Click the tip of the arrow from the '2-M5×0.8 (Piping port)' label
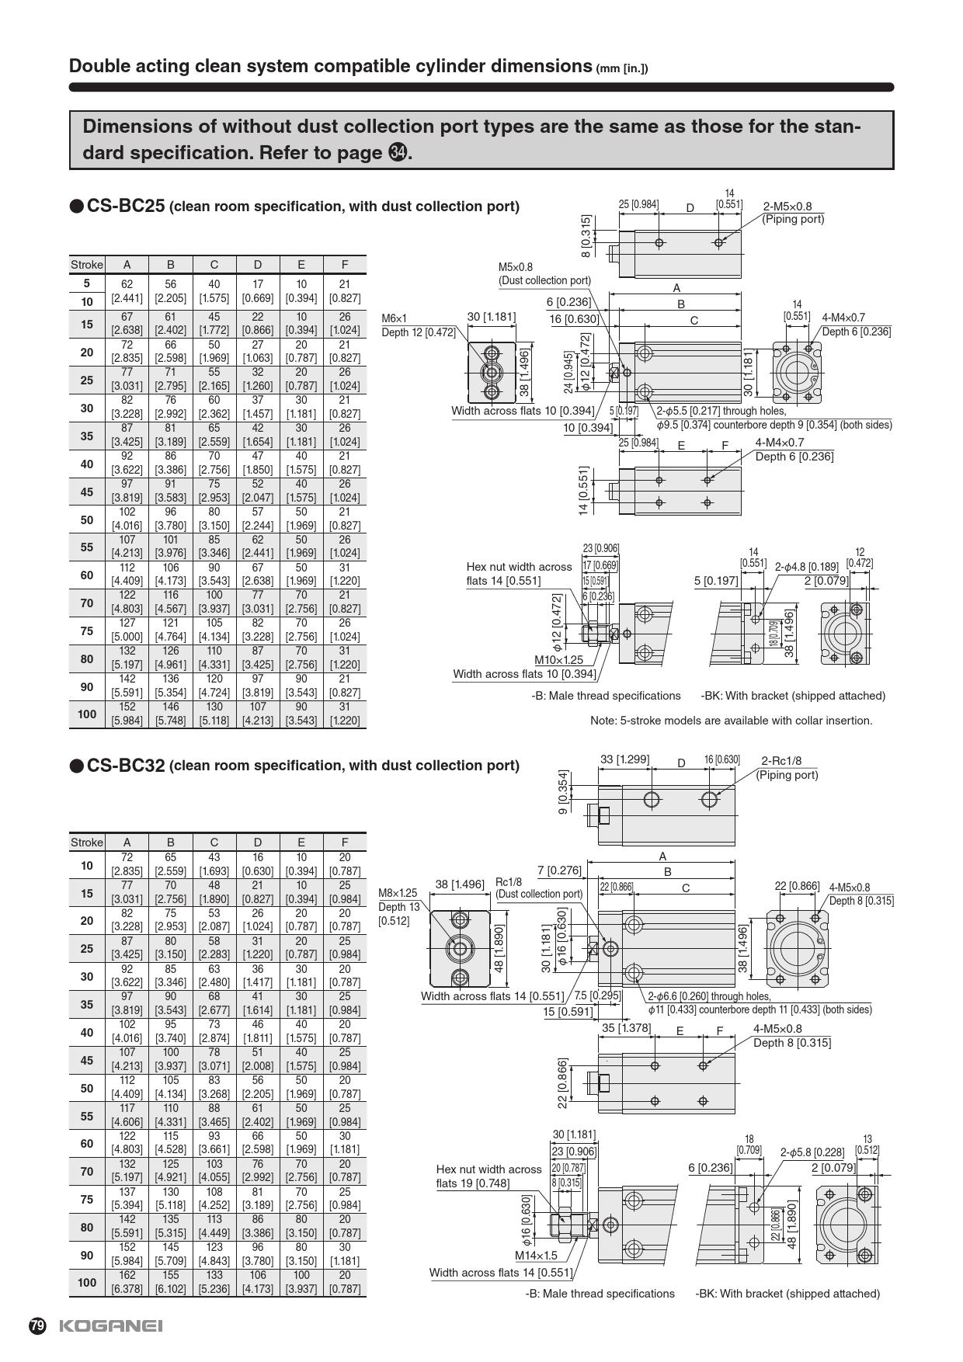[721, 241]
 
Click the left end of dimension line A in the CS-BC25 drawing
[609, 294]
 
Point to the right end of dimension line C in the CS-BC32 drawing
[735, 895]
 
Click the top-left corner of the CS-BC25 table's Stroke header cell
[70, 257]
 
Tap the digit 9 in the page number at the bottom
[40, 1326]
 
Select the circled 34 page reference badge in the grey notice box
[397, 153]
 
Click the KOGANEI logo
[111, 1326]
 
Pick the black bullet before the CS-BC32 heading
[76, 766]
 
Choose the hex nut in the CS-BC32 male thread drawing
[559, 1225]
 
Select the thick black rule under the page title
[481, 87]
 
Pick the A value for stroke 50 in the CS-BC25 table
[127, 519]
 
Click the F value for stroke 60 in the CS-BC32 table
[344, 1142]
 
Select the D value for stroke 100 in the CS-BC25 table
[257, 714]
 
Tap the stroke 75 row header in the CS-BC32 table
[86, 1199]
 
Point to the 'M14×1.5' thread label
[537, 1255]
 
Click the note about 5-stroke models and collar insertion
[731, 721]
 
